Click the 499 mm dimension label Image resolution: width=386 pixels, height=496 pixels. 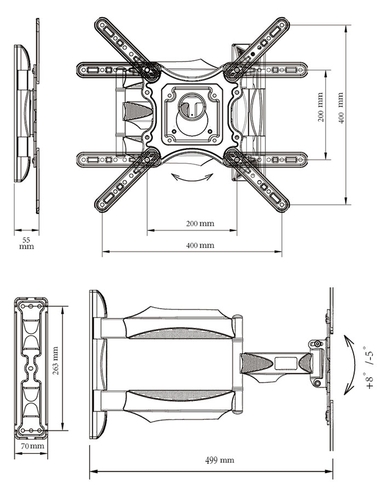[220, 460]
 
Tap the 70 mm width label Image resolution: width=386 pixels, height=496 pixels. [32, 446]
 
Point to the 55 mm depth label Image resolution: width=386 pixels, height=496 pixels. [26, 243]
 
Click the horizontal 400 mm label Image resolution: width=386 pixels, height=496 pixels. [200, 245]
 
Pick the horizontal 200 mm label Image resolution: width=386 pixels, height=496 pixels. [200, 223]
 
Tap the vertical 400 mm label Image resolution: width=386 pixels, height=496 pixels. [341, 108]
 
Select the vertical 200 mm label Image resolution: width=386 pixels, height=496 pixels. [320, 107]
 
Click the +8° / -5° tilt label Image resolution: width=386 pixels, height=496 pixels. [370, 367]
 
